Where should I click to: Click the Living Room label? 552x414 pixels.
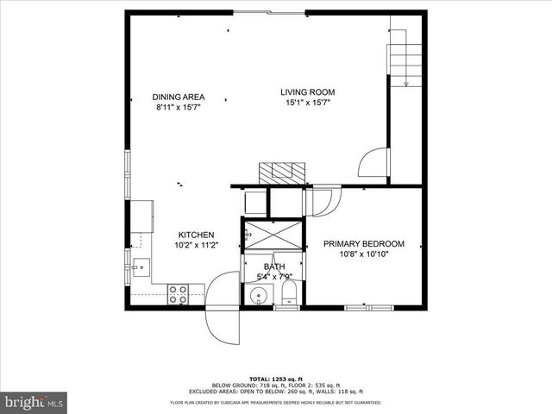307,92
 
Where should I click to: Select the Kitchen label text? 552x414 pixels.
196,235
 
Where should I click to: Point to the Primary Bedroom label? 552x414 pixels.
363,244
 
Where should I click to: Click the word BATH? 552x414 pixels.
273,267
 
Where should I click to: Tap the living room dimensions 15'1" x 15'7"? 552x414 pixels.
307,103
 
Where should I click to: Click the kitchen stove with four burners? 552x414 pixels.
179,294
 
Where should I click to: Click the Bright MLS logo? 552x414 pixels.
34,402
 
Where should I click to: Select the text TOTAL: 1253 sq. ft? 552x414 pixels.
275,379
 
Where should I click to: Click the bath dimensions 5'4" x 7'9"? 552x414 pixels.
274,277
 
